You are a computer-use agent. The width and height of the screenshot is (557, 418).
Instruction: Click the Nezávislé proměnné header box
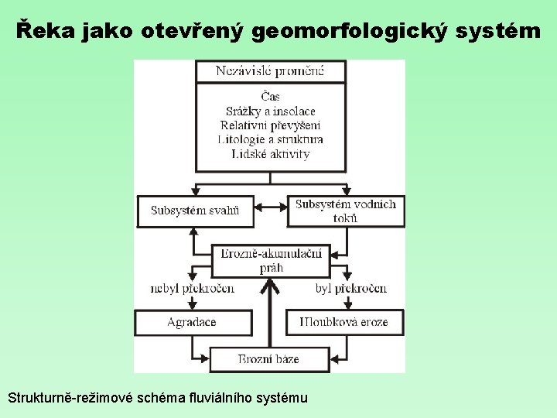tap(270, 72)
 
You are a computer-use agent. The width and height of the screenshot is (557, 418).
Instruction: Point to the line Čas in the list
tap(270, 97)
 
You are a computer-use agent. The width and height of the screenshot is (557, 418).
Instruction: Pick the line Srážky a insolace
tap(270, 111)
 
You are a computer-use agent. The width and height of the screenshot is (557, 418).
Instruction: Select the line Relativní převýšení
tap(270, 125)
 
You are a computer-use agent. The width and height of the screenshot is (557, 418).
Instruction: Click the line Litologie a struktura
tap(270, 139)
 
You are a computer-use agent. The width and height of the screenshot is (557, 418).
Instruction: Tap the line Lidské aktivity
tap(270, 153)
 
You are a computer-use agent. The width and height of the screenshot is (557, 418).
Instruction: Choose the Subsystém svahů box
tap(195, 211)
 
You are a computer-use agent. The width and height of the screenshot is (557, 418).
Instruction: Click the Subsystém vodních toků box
tap(345, 211)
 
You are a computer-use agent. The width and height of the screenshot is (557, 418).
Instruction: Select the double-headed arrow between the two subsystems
tap(270, 207)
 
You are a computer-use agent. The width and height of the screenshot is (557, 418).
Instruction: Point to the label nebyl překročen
tap(193, 289)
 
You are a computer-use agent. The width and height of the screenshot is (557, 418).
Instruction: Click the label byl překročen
tap(350, 289)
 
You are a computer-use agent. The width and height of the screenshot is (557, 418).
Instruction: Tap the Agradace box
tap(193, 322)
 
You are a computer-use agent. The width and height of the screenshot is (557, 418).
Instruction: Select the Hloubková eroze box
tap(346, 322)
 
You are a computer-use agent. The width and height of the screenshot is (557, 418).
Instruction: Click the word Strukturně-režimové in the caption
tap(70, 398)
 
